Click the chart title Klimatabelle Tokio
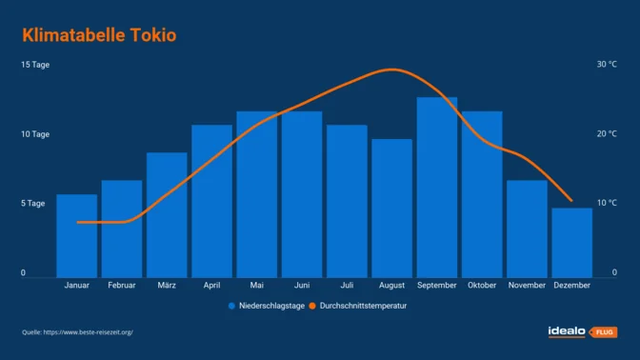point(99,35)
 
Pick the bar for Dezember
point(571,243)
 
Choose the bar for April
point(211,201)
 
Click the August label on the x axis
point(391,285)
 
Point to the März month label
point(167,285)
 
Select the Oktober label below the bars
point(482,285)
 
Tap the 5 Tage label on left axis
point(34,204)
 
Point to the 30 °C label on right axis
point(607,65)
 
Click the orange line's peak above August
point(391,70)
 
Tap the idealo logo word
point(569,331)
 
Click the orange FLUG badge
point(604,331)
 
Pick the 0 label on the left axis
point(24,273)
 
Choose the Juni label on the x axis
point(302,285)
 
